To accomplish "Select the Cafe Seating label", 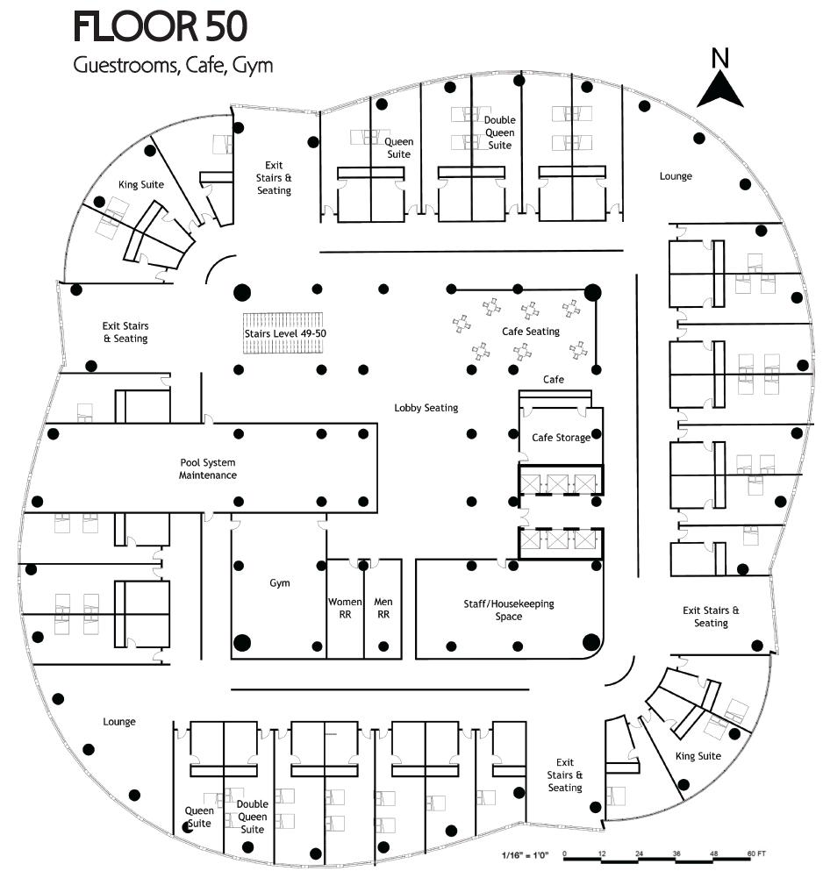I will click(530, 332).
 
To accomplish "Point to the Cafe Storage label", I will click(561, 437).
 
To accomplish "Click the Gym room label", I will click(279, 583).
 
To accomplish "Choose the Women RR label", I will click(345, 608).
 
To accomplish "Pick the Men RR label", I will click(383, 608).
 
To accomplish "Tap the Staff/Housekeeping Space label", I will click(508, 610).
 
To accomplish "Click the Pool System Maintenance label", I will click(208, 468).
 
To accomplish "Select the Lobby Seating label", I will click(426, 408).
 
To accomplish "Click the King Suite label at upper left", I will click(141, 185).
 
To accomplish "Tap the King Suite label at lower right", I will click(698, 756).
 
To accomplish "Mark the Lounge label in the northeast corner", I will click(676, 176).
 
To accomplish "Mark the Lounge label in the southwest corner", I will click(119, 722).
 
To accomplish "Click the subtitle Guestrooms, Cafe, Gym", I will click(173, 66).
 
